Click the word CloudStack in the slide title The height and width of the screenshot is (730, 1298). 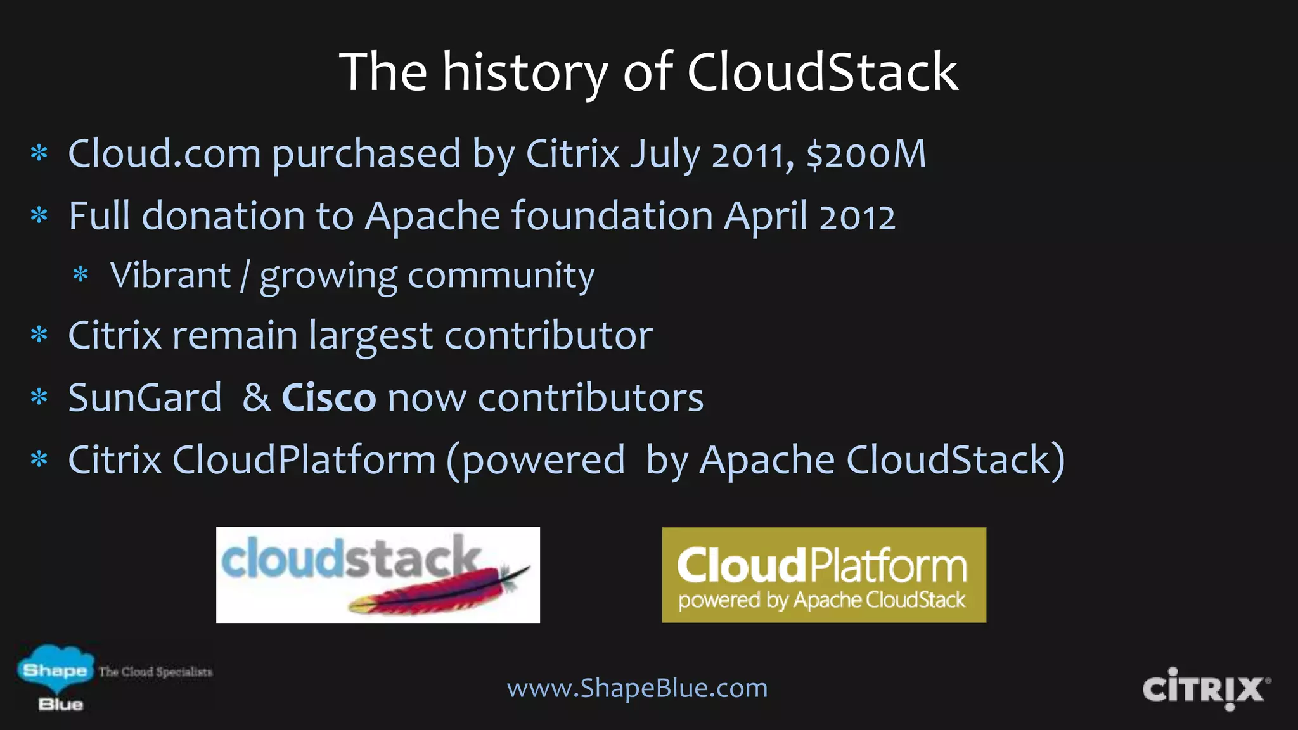click(x=822, y=72)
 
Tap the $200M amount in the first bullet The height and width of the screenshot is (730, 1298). click(x=866, y=154)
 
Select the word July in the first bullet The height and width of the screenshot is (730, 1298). click(x=665, y=155)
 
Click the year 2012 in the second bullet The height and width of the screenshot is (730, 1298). click(x=857, y=217)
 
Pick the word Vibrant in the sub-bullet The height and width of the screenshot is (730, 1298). click(x=170, y=276)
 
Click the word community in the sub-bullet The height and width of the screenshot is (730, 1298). click(x=501, y=277)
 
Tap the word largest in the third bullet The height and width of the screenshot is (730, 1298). click(x=371, y=336)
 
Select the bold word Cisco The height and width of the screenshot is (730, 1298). click(x=328, y=398)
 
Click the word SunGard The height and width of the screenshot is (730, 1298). click(x=145, y=398)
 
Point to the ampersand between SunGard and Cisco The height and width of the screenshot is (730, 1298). click(x=256, y=398)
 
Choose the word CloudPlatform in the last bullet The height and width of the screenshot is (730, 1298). click(x=304, y=459)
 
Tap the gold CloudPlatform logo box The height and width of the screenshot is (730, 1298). click(x=824, y=575)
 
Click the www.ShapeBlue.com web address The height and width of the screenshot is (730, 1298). click(x=637, y=688)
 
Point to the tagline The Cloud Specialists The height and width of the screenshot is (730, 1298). click(x=155, y=672)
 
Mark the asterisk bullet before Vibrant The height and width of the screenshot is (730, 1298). click(x=80, y=276)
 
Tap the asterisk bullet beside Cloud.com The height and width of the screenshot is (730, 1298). click(x=39, y=154)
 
